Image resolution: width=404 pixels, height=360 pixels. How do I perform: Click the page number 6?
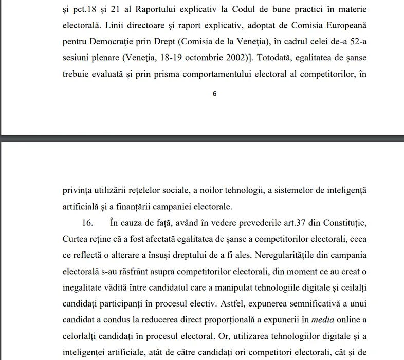(x=214, y=94)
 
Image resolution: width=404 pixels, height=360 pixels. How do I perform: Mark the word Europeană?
(x=341, y=26)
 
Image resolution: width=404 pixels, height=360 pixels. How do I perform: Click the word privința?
(x=77, y=191)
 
